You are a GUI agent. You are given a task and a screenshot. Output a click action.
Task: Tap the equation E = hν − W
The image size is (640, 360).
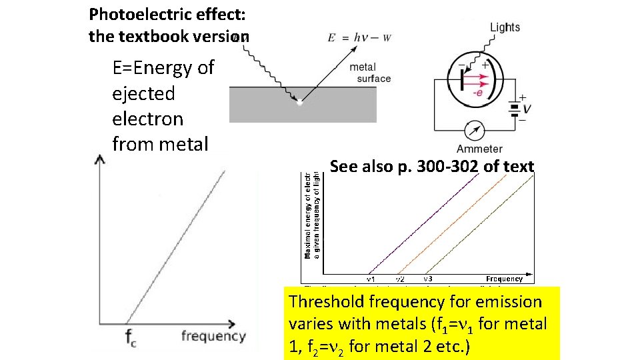(x=359, y=37)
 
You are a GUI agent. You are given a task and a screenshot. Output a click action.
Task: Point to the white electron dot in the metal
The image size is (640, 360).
(x=299, y=103)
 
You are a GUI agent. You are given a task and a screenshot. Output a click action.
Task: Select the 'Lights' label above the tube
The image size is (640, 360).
(x=505, y=27)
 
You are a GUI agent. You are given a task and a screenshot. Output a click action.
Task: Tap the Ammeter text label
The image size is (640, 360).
(x=479, y=149)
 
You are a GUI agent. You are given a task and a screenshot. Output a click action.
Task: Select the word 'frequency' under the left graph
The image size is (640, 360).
(x=213, y=335)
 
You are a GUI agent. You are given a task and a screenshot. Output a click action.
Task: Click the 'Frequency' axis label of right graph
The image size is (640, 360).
(x=504, y=279)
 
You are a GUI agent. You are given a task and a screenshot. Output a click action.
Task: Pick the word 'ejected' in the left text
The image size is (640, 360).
(x=143, y=93)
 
